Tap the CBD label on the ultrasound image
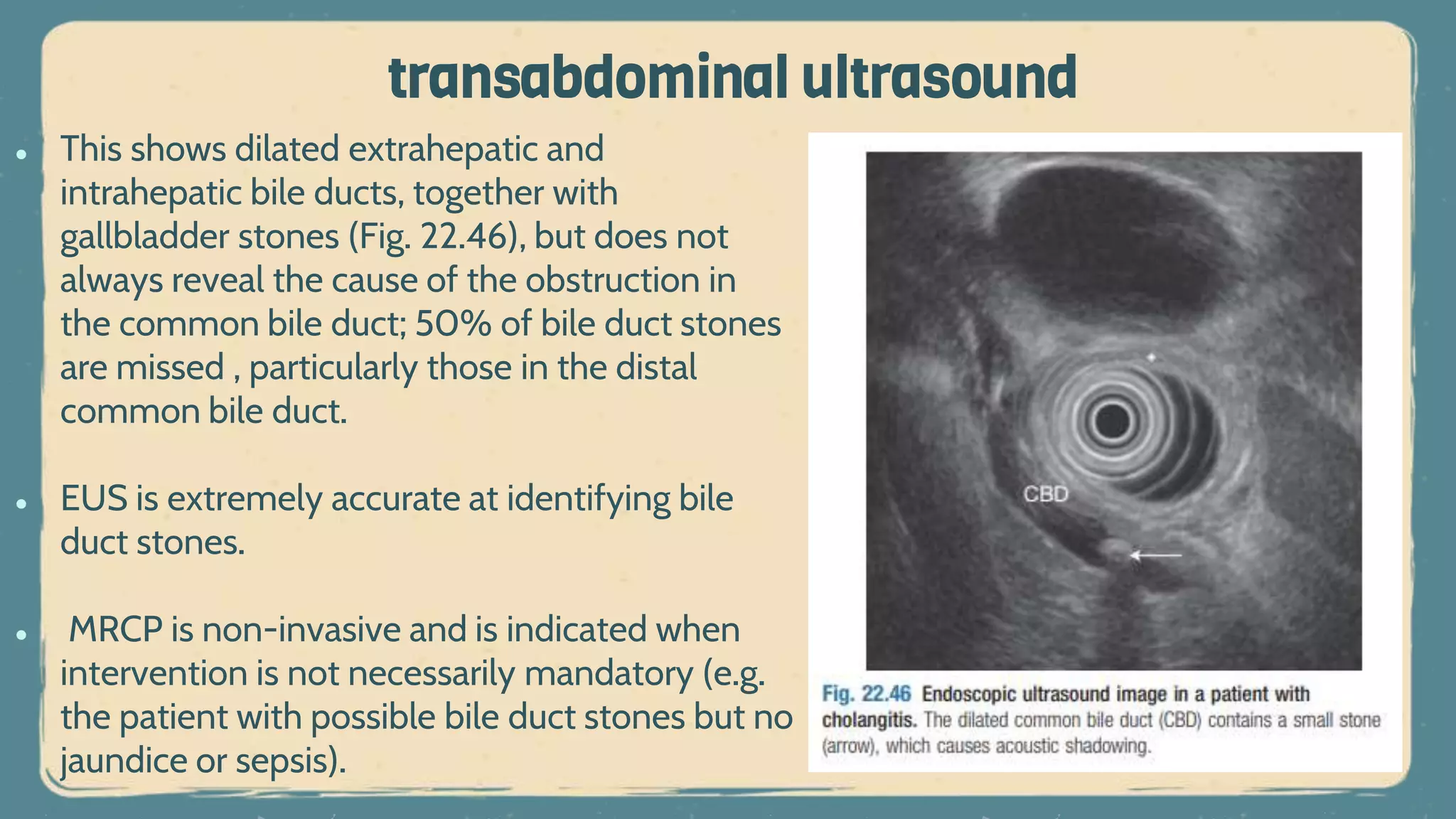(x=1045, y=494)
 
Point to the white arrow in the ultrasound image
(x=1156, y=555)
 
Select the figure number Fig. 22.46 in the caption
(x=866, y=694)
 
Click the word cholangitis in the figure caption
(x=869, y=720)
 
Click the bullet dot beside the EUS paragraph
(x=21, y=503)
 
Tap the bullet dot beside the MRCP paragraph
(x=21, y=634)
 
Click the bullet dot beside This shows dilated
(x=21, y=154)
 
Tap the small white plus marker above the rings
(x=1151, y=357)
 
